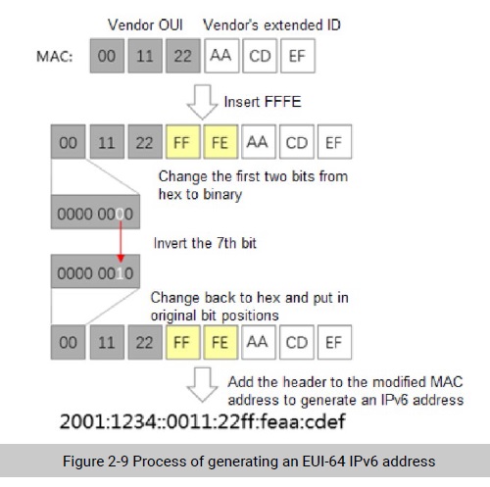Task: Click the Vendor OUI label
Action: (x=145, y=25)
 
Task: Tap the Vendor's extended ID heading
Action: (x=271, y=25)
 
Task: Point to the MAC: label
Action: (x=55, y=57)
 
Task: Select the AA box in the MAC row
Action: (x=221, y=56)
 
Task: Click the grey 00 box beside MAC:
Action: (x=107, y=56)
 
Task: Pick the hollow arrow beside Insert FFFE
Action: (x=202, y=102)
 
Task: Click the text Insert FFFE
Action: (x=263, y=102)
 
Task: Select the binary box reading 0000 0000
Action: (x=95, y=212)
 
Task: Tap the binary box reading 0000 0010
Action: (x=95, y=271)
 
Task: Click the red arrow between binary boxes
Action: (x=121, y=242)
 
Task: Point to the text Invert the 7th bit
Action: (x=205, y=243)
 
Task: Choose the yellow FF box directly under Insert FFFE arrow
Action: (x=183, y=142)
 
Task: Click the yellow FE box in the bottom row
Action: (x=220, y=342)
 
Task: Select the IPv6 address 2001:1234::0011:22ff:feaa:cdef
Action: (x=203, y=421)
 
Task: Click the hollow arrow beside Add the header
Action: (x=202, y=385)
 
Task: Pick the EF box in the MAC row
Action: (x=298, y=56)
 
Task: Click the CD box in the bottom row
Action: (x=297, y=342)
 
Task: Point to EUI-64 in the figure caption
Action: (x=323, y=462)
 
